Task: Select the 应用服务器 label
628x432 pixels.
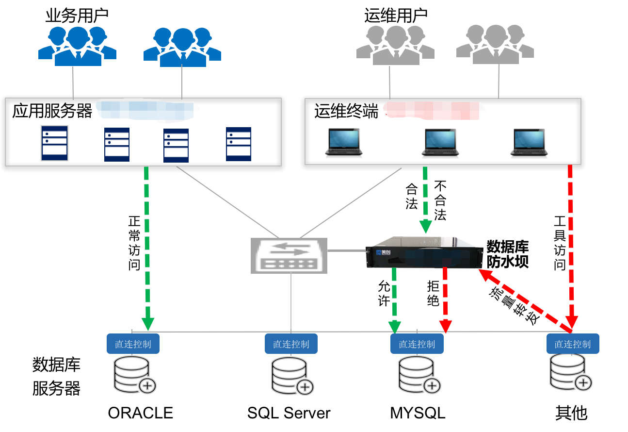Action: click(52, 111)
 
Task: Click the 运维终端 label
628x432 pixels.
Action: click(346, 111)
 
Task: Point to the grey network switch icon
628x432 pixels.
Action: click(289, 255)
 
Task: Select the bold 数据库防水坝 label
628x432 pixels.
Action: click(507, 254)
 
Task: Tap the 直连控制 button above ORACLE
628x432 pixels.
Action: click(133, 344)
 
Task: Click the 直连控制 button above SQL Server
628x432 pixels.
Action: click(291, 344)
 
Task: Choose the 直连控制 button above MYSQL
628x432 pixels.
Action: click(417, 344)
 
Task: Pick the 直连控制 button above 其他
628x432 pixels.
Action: click(573, 344)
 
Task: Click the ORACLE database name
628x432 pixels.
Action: click(140, 413)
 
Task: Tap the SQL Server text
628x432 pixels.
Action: click(289, 413)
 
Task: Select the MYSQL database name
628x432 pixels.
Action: click(418, 413)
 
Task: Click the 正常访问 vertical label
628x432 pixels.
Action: click(134, 243)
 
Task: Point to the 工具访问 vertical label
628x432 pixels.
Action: click(560, 243)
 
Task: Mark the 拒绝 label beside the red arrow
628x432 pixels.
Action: click(433, 293)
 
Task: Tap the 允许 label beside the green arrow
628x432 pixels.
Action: click(384, 293)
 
